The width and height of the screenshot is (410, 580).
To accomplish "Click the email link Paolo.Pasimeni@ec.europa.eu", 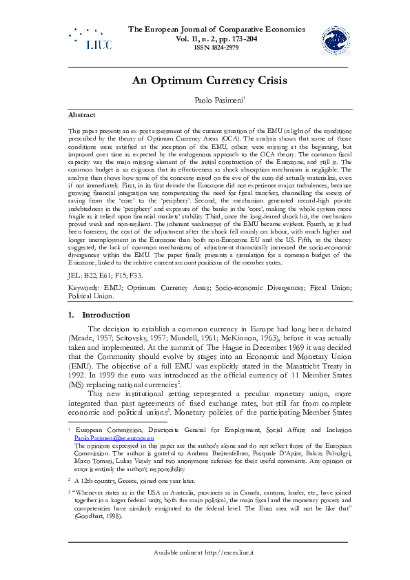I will [x=114, y=437].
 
